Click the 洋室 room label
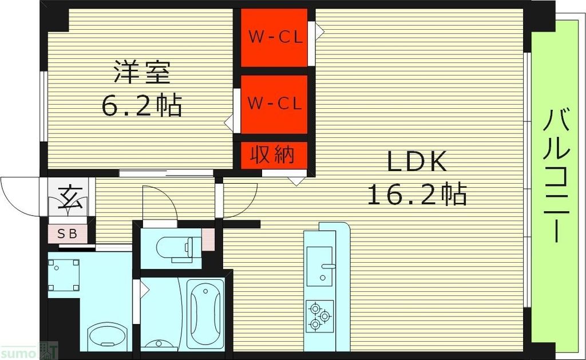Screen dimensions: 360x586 (x=141, y=73)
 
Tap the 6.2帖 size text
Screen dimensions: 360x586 (x=141, y=105)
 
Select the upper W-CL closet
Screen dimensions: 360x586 (x=274, y=37)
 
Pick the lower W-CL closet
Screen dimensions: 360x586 (x=274, y=104)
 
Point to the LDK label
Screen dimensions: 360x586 (x=416, y=163)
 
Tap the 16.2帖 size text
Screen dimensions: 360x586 (x=416, y=195)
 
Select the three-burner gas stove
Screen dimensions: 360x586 (x=319, y=317)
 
